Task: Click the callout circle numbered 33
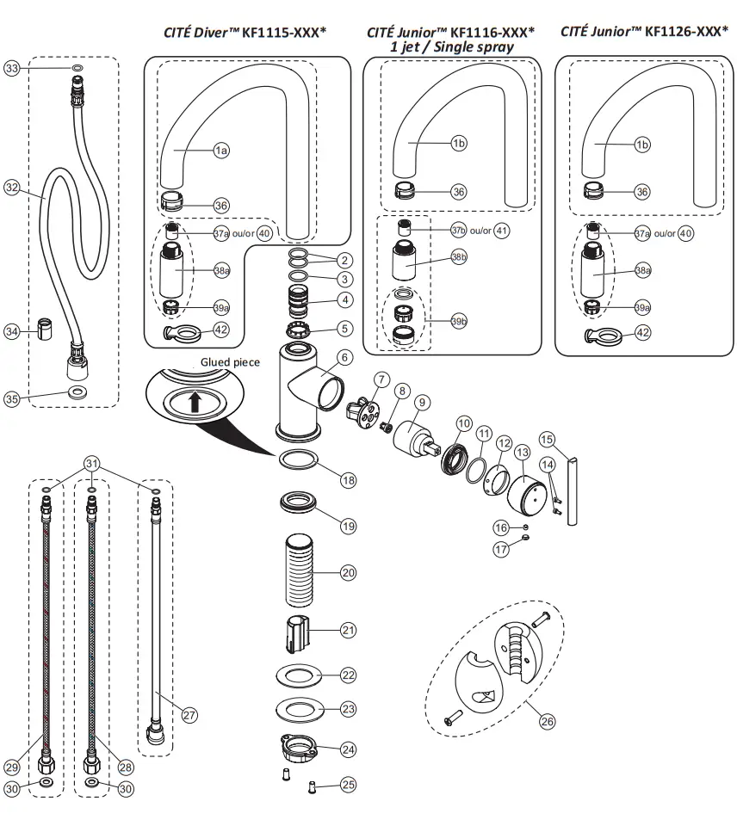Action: [11, 69]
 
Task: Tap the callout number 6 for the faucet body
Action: [344, 356]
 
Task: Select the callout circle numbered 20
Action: [348, 571]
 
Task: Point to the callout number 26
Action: [548, 722]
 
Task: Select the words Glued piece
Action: [230, 362]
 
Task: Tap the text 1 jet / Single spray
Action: [451, 46]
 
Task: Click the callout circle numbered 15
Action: [546, 439]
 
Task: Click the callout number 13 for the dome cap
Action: [521, 452]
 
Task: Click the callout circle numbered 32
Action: [11, 187]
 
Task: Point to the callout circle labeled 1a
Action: [221, 150]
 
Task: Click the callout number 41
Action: [502, 231]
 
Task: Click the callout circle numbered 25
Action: [348, 785]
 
